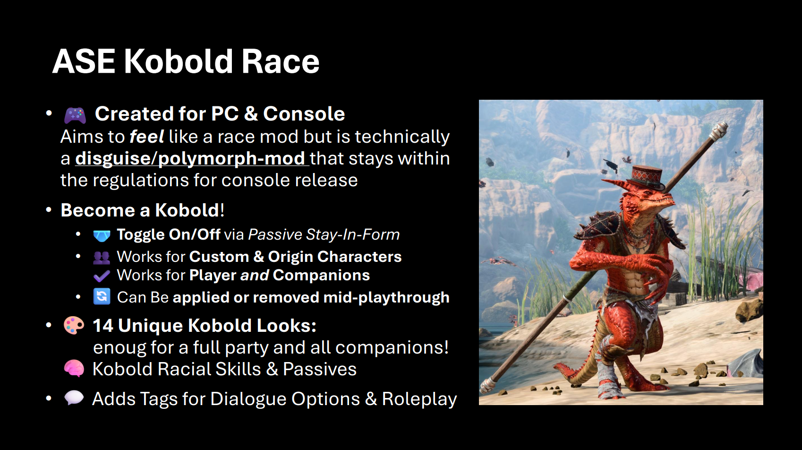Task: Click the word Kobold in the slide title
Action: coord(179,61)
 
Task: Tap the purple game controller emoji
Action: coord(75,115)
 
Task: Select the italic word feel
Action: coord(147,137)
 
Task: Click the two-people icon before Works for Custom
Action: coord(102,257)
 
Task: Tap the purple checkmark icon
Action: coord(102,276)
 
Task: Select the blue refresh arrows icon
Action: coord(102,297)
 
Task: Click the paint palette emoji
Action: coord(74,325)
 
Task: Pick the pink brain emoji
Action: coord(74,369)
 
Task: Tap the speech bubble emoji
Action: coord(74,398)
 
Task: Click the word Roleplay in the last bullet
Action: coord(419,399)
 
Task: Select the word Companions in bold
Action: coord(321,275)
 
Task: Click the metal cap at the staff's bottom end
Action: coord(489,386)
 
